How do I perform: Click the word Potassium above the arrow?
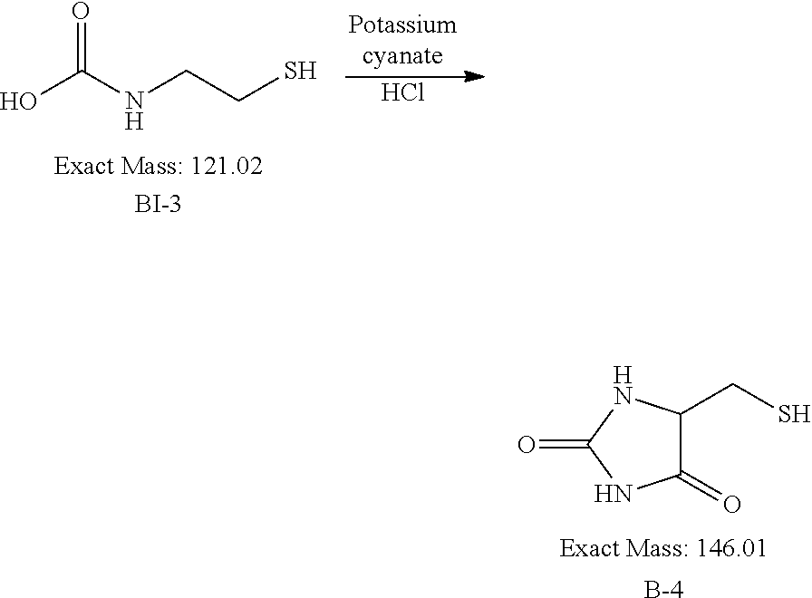click(x=402, y=24)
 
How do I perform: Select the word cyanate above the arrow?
click(x=402, y=55)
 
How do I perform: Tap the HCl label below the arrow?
click(x=402, y=92)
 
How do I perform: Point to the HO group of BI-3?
click(x=18, y=101)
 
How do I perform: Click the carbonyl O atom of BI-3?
click(x=81, y=11)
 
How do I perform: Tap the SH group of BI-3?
click(x=300, y=71)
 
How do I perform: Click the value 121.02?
click(x=227, y=166)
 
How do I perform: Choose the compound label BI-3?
click(x=158, y=204)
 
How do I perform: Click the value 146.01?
click(x=731, y=548)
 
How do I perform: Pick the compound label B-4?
click(x=663, y=589)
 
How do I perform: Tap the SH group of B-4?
click(x=794, y=414)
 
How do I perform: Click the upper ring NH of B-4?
click(x=623, y=386)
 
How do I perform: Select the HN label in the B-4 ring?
click(x=614, y=494)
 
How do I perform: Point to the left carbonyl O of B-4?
click(x=527, y=445)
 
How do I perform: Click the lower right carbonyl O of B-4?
click(x=731, y=504)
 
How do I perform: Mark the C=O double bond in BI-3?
click(x=81, y=45)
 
